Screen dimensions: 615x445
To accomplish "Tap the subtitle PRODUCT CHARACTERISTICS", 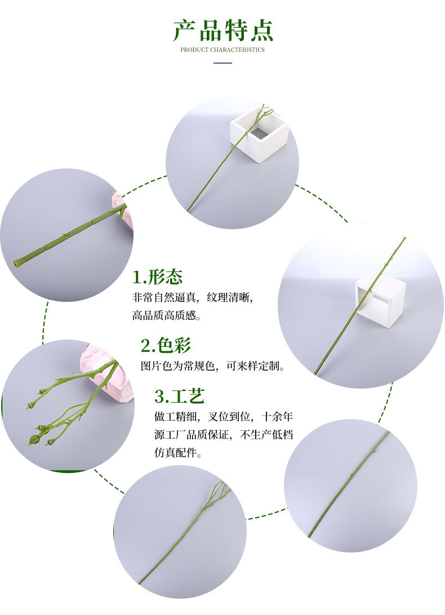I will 222,50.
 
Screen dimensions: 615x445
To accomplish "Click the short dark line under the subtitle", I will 223,63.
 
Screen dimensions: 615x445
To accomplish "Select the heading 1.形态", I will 157,277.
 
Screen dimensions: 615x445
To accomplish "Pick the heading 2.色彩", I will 166,345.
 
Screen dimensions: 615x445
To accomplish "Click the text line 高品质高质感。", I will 167,315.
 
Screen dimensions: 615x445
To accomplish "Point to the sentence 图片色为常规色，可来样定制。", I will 213,366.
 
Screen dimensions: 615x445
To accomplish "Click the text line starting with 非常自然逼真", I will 197,297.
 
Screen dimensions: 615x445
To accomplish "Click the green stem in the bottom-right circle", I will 349,484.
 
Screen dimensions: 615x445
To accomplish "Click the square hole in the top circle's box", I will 259,134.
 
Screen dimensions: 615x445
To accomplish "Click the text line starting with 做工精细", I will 224,417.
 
